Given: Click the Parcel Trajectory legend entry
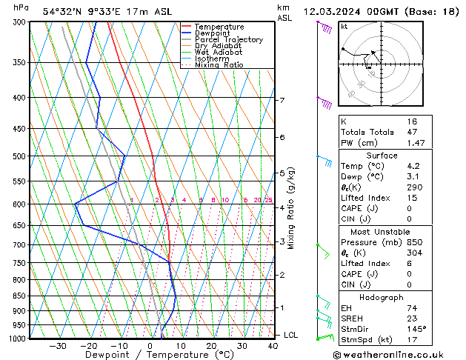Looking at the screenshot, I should pyautogui.click(x=228, y=39).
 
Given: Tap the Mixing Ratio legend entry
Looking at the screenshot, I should pyautogui.click(x=219, y=65).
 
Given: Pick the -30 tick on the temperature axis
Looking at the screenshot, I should pyautogui.click(x=58, y=345).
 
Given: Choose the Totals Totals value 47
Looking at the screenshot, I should pyautogui.click(x=413, y=132).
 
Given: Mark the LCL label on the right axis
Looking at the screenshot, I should pyautogui.click(x=291, y=335).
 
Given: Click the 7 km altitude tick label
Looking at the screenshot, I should pyautogui.click(x=282, y=101).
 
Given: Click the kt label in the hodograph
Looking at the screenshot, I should pyautogui.click(x=344, y=27).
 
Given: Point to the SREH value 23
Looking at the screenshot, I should pyautogui.click(x=412, y=318).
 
